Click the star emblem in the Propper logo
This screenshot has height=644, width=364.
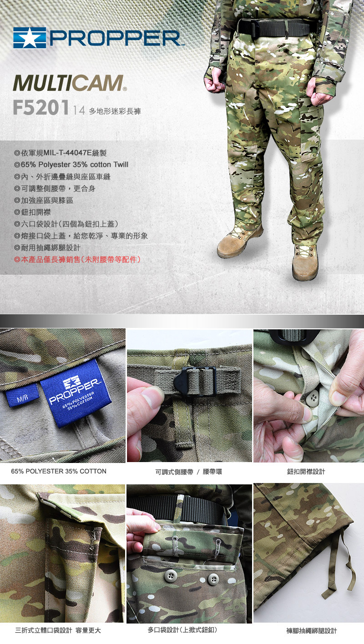(x=29, y=38)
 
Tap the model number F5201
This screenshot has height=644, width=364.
(x=41, y=107)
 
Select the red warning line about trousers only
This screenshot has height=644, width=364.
(x=77, y=260)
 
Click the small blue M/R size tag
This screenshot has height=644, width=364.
(x=22, y=396)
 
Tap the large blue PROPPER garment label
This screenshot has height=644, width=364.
(x=76, y=392)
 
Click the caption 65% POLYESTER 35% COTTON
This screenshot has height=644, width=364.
(x=59, y=471)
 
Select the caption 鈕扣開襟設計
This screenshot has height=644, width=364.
(x=306, y=472)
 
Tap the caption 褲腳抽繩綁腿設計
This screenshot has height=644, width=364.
(x=311, y=630)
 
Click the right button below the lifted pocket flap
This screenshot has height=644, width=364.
(x=213, y=579)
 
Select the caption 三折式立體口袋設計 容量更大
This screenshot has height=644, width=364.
(x=58, y=630)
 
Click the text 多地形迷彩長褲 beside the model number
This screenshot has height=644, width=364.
(x=115, y=111)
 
